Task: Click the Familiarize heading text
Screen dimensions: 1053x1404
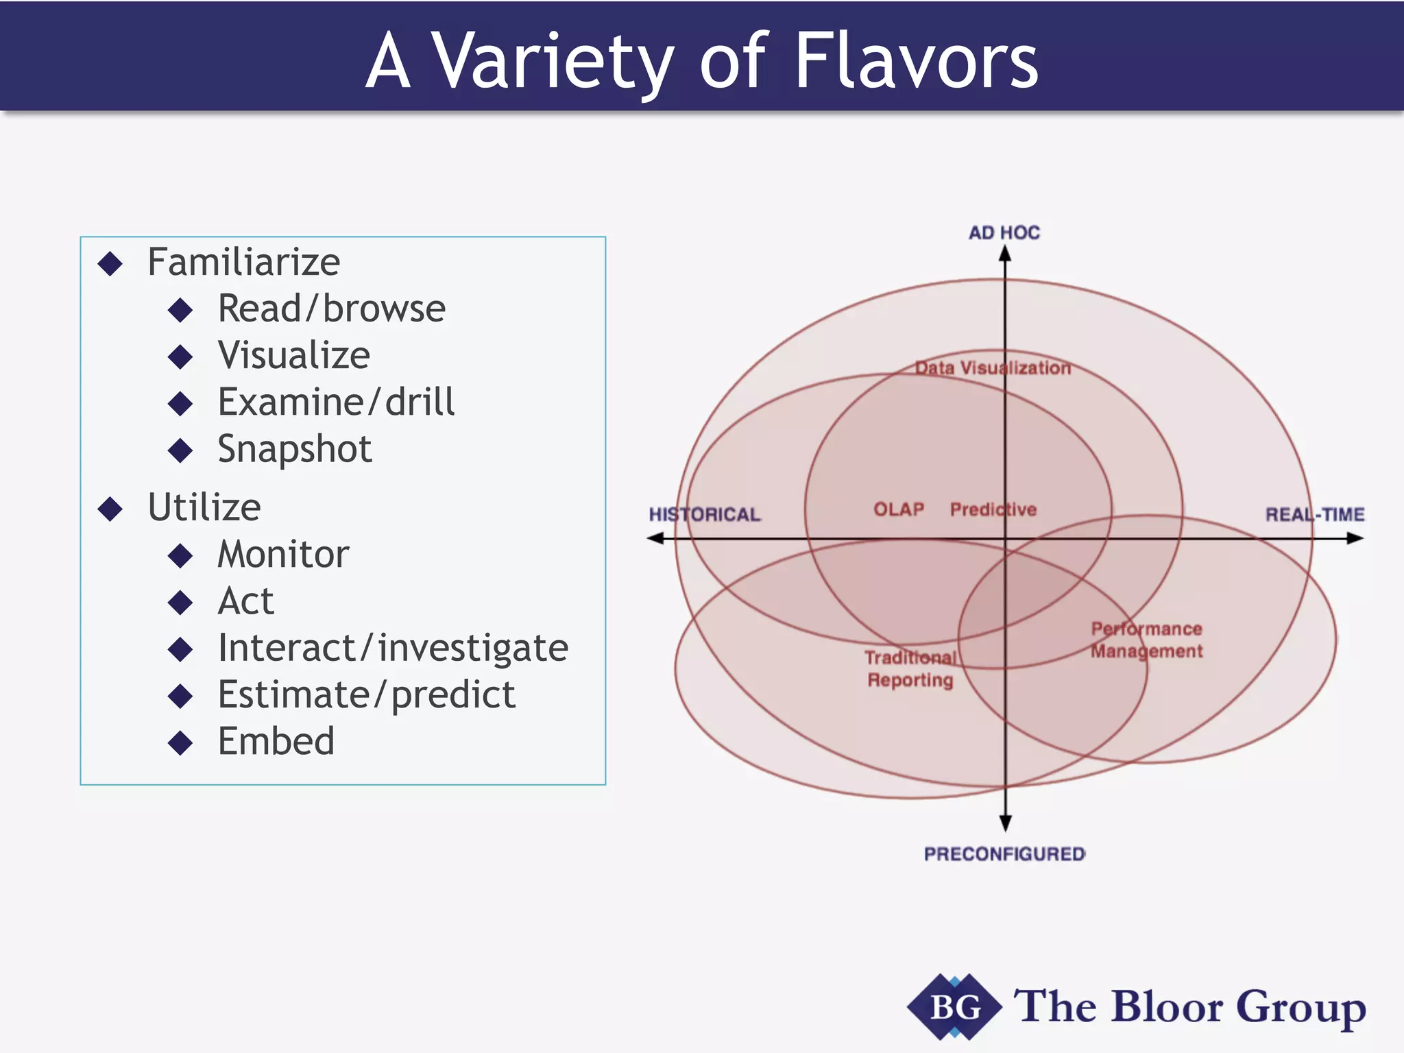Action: click(x=243, y=263)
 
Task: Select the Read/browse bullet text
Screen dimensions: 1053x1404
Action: click(x=331, y=309)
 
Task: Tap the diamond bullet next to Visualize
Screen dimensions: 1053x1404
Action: click(x=180, y=356)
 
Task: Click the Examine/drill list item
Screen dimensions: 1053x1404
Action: click(x=335, y=402)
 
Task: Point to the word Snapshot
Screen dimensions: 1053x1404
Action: click(x=294, y=450)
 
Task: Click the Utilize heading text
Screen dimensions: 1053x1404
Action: click(x=204, y=508)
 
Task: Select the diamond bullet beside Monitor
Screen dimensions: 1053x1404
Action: click(x=180, y=555)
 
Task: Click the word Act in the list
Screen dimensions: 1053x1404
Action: click(x=245, y=602)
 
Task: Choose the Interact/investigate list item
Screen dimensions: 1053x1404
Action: click(x=392, y=649)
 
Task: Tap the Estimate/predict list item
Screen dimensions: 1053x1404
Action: click(x=366, y=695)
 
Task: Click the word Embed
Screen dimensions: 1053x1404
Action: click(x=276, y=742)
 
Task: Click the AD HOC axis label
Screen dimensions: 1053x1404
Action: click(x=1004, y=233)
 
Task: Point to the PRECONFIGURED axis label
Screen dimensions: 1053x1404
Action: click(x=1004, y=854)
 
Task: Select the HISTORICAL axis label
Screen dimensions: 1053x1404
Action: click(x=704, y=515)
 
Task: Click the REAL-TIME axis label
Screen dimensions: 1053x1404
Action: click(x=1314, y=515)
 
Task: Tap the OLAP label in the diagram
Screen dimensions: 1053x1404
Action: click(x=898, y=509)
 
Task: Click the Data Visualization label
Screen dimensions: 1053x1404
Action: click(x=993, y=368)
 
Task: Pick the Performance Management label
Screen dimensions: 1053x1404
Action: click(x=1146, y=640)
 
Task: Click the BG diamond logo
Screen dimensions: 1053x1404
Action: click(x=954, y=1007)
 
